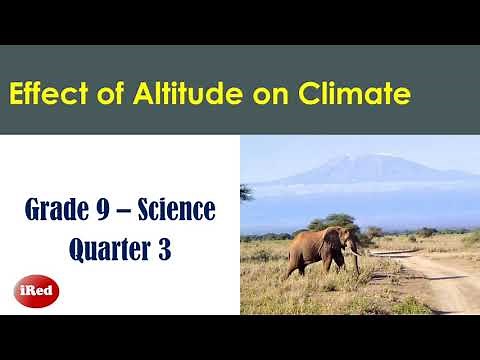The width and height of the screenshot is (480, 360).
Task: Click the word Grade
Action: coord(61,212)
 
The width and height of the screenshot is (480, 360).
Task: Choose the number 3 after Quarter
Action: coord(163,248)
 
